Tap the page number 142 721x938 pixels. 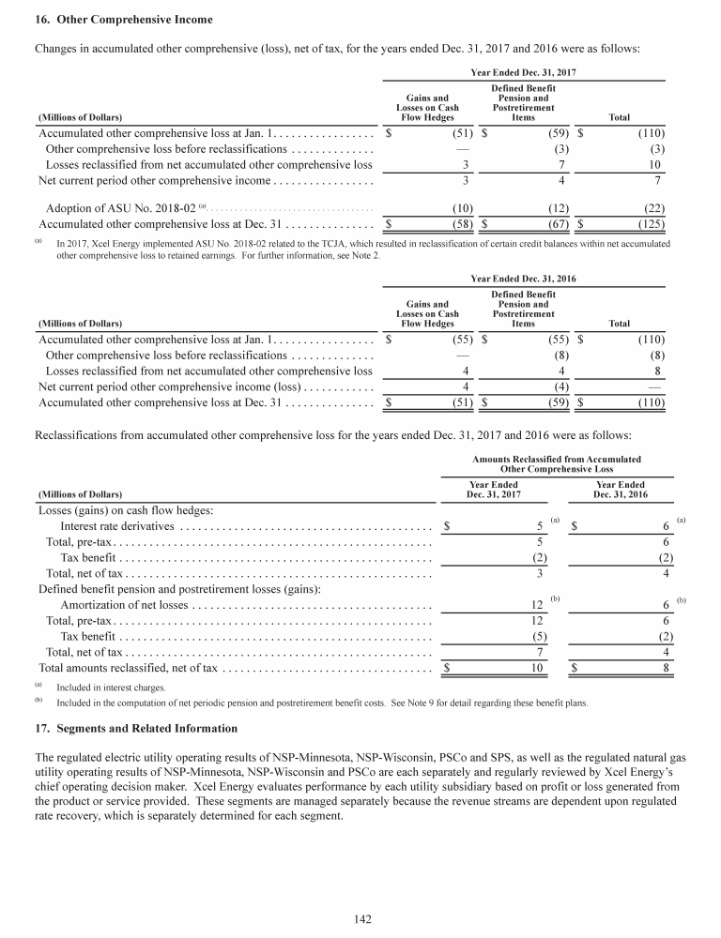(360, 919)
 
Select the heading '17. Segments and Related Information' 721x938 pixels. (136, 728)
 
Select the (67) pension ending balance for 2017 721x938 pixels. (554, 224)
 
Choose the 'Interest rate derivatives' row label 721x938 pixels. (117, 527)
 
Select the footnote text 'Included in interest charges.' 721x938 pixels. (111, 688)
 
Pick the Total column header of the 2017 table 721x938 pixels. (620, 117)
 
